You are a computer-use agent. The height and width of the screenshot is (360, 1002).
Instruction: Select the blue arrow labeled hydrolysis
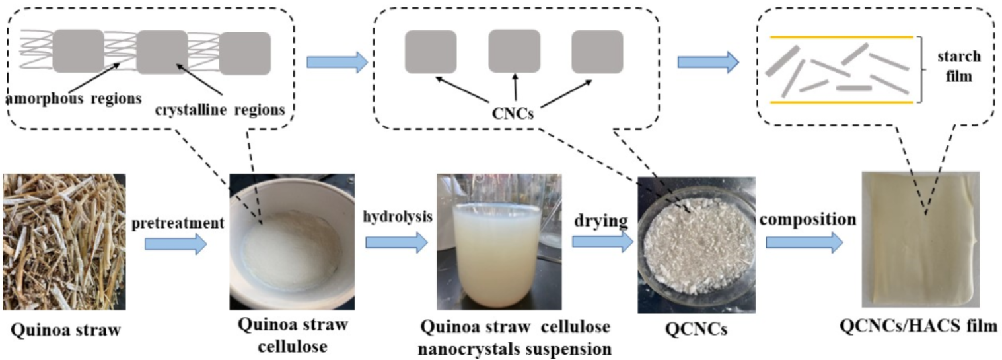tap(396, 243)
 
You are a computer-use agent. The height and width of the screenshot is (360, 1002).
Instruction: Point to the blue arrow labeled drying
tap(602, 243)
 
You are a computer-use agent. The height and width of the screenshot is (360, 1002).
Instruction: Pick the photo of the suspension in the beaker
tap(499, 242)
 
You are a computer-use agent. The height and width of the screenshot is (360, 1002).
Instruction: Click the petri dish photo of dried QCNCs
tap(696, 244)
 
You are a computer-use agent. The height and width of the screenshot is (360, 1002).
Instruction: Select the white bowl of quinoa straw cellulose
tap(291, 242)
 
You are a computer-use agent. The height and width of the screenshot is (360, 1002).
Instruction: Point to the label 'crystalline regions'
tap(220, 110)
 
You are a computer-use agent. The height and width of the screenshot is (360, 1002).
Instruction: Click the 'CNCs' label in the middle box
tap(513, 114)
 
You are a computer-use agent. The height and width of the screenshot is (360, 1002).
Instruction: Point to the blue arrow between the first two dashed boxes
tap(337, 63)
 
